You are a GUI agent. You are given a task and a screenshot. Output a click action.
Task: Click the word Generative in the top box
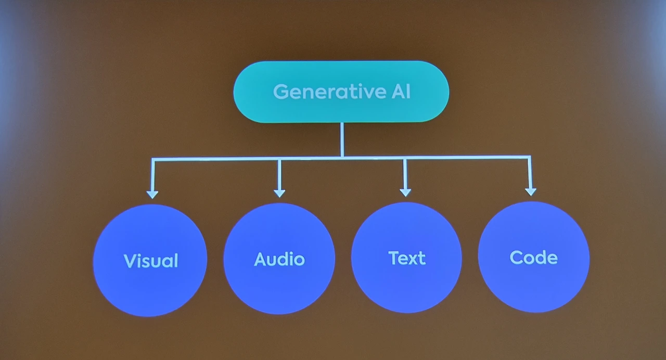tap(328, 92)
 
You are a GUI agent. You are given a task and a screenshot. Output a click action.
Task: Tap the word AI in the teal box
tap(399, 92)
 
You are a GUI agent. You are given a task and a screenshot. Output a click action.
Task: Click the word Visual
tap(151, 260)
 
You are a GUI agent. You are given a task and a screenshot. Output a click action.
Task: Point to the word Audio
tap(279, 259)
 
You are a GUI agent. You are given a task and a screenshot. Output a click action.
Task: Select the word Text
tap(407, 258)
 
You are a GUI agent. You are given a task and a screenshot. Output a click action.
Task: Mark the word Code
tap(534, 257)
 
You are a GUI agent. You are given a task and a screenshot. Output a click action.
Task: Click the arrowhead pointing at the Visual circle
tap(152, 194)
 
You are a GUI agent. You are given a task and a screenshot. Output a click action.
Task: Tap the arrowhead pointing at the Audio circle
tap(279, 193)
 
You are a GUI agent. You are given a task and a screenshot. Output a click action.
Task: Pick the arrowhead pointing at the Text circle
tap(405, 192)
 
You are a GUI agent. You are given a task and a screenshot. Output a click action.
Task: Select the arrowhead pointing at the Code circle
tap(530, 191)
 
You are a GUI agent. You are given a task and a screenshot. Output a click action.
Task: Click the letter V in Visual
tap(130, 260)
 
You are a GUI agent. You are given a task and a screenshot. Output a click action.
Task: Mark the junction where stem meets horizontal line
tap(341, 157)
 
